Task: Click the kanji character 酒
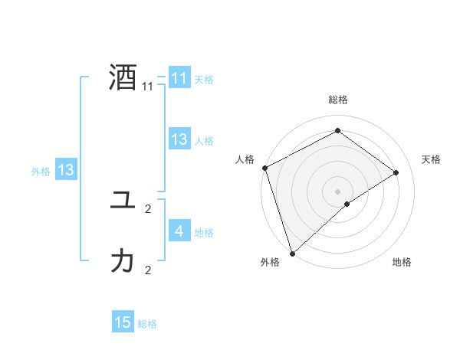point(123,78)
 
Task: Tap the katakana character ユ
point(123,201)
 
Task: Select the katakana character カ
point(123,262)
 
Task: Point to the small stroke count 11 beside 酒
point(148,87)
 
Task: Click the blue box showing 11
point(179,78)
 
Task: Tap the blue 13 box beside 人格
point(179,139)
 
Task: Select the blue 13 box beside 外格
point(66,170)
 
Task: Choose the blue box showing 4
point(179,231)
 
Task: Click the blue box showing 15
point(123,322)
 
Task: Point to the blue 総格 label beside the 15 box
point(147,324)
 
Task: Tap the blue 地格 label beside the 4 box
point(204,233)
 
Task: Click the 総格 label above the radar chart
point(337,100)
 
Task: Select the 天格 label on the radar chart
point(432,159)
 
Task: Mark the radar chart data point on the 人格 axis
point(264,168)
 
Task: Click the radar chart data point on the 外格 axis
point(292,253)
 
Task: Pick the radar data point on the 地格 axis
point(347,204)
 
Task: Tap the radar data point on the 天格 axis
point(396,172)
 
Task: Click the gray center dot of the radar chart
point(337,191)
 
